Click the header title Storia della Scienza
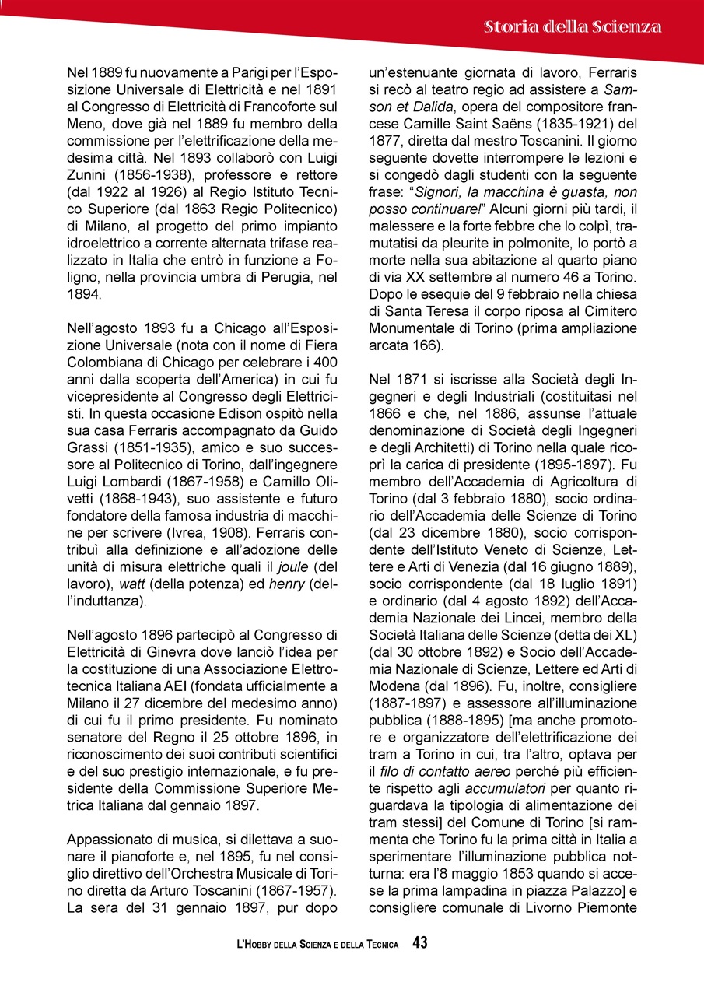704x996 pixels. [573, 27]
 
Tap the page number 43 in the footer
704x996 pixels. [420, 943]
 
